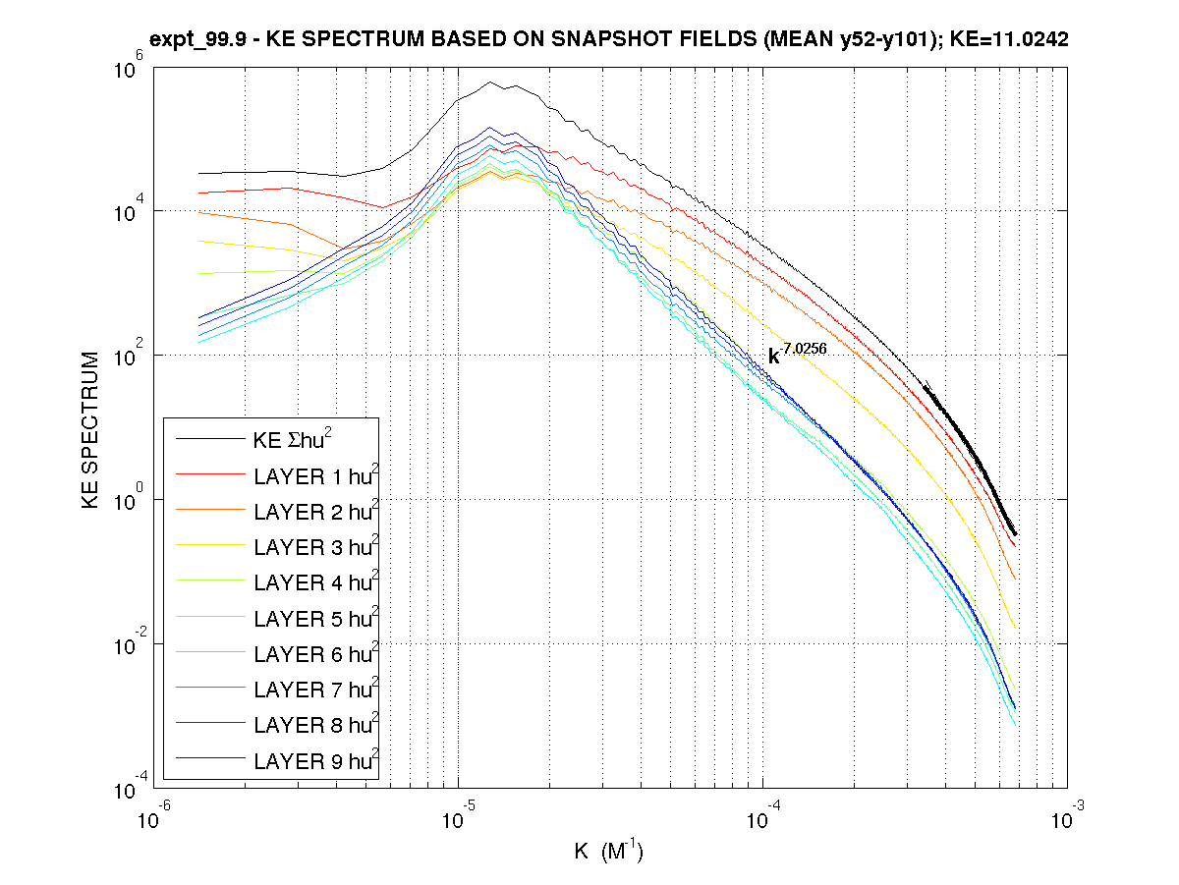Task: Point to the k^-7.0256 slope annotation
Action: pos(797,355)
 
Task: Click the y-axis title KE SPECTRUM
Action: pos(90,429)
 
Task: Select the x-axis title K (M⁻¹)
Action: pos(608,851)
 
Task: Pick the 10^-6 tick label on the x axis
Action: pos(151,817)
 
